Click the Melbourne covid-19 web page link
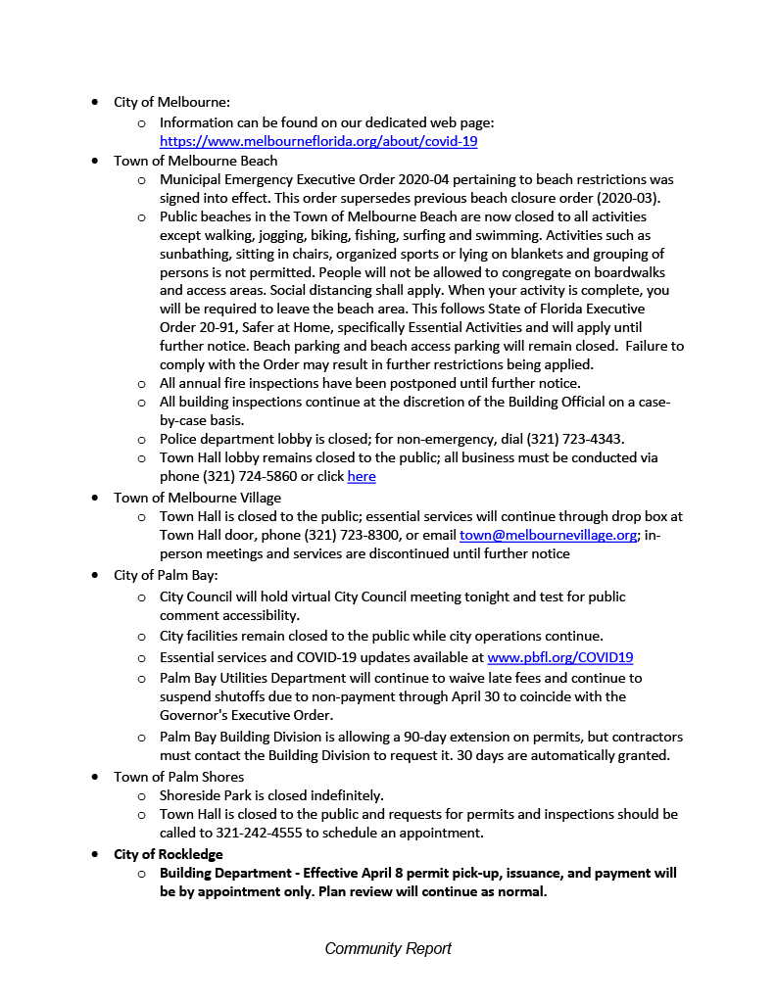point(318,141)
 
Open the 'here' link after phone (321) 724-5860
point(362,477)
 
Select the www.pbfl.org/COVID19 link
point(559,657)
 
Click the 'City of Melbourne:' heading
point(172,102)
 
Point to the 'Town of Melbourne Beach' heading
point(196,161)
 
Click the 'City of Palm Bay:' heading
point(167,576)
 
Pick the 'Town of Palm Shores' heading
point(179,777)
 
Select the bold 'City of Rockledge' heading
point(169,854)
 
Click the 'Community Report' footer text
point(388,948)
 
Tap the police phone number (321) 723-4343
point(548,438)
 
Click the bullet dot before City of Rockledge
point(94,854)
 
